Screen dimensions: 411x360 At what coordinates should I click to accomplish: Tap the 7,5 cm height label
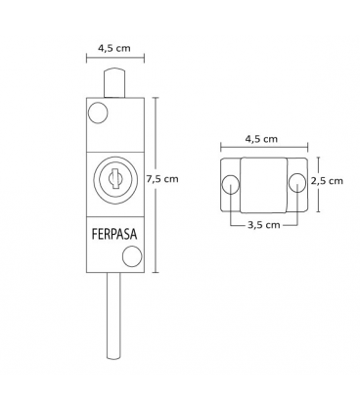point(162,179)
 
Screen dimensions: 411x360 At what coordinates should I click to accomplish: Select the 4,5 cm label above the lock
point(114,45)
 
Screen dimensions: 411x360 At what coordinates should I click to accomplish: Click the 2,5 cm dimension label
point(327,181)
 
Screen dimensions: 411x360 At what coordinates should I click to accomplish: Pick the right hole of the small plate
point(298,182)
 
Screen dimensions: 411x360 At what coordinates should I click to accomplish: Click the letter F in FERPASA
point(95,236)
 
